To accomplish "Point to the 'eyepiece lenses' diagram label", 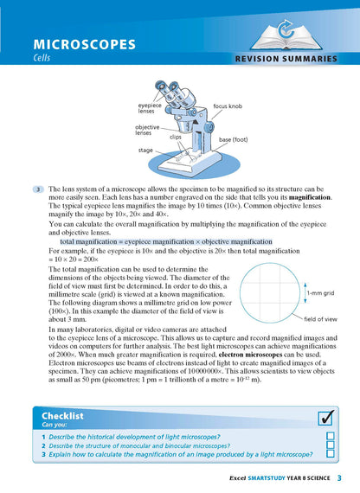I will [x=150, y=108].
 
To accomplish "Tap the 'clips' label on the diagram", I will [x=175, y=137].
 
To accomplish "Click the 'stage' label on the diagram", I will [x=146, y=150].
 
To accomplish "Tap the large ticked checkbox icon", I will [x=326, y=418].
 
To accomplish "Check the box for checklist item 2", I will [x=330, y=445].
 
